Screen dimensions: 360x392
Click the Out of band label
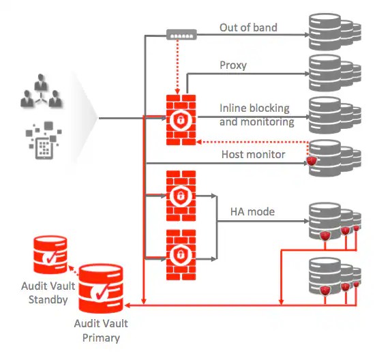(248, 28)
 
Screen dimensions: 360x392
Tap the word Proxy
(232, 65)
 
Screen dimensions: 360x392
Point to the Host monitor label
(253, 155)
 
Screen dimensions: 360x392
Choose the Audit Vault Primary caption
(100, 331)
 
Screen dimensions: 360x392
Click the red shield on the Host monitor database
(312, 161)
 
